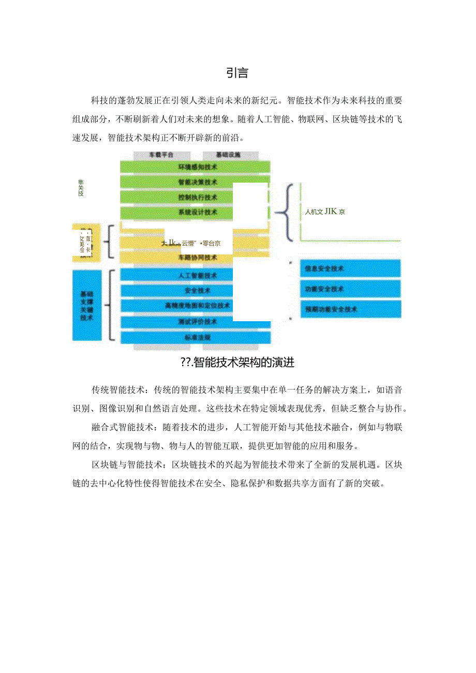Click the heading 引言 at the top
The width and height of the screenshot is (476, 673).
(237, 73)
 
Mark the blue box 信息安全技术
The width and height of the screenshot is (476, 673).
(350, 268)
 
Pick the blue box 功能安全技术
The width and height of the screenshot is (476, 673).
(350, 289)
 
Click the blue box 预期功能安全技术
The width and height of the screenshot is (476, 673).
(350, 309)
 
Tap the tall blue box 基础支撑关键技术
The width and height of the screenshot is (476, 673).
(86, 305)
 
